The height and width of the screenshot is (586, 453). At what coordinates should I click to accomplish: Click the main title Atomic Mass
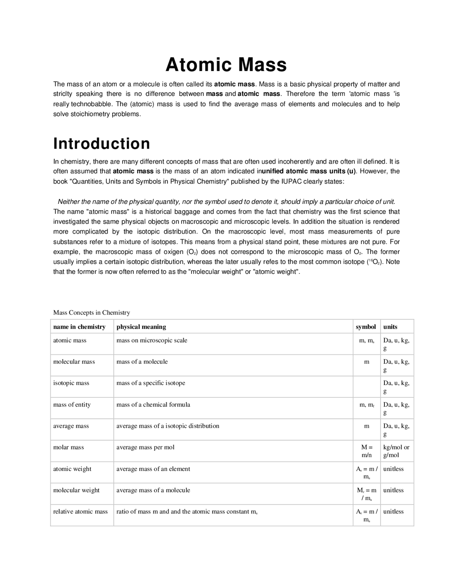point(226,65)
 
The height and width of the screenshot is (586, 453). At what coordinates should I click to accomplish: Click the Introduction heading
point(102,144)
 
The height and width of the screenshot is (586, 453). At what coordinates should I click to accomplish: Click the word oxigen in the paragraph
point(173,252)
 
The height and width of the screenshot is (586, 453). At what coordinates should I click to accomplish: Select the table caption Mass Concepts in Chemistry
point(92,312)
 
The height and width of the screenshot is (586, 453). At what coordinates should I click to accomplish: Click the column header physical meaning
point(141,327)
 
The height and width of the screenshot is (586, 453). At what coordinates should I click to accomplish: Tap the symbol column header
point(366,327)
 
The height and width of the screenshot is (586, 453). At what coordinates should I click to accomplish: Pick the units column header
point(390,327)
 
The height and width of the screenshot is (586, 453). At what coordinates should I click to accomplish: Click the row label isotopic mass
point(71,383)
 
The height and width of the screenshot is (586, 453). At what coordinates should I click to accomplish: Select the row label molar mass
point(69,447)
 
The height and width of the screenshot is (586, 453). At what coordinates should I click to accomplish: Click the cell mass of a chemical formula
point(153,404)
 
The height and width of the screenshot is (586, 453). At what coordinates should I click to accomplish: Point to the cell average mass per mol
point(145,447)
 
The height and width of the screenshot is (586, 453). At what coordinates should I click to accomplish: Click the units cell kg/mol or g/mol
point(396,451)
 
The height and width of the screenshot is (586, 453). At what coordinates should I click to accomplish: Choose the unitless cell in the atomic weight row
point(393,469)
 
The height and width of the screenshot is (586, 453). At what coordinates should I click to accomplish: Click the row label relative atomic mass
point(80,511)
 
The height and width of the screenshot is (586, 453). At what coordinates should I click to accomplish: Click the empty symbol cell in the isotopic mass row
point(367,386)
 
